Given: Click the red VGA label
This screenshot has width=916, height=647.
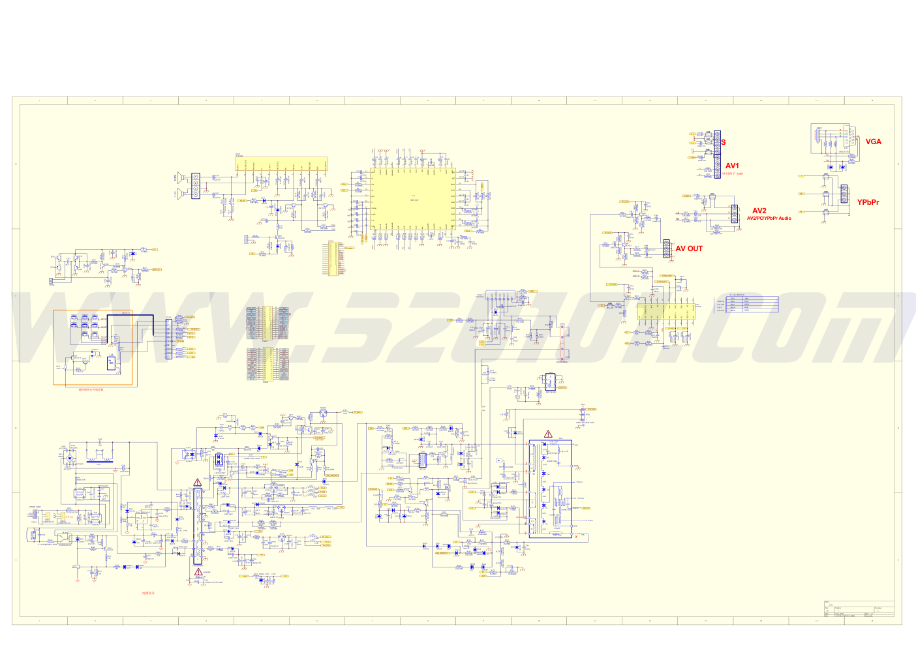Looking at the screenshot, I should click(873, 142).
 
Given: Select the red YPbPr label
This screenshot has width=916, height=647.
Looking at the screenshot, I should click(868, 202).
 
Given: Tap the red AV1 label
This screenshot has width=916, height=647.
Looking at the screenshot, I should click(732, 166).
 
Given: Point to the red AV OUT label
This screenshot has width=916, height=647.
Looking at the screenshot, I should click(689, 248).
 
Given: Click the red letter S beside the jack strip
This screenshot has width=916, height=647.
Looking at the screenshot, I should click(724, 142).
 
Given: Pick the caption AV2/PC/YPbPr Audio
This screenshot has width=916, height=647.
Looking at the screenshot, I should click(769, 218).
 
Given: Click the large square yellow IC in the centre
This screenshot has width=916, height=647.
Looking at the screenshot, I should click(412, 202).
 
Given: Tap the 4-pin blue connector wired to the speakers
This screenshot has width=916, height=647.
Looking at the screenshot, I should click(196, 186).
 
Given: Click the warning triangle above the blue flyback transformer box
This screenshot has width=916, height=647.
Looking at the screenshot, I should click(548, 434).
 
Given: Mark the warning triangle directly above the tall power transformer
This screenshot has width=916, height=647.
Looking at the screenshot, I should click(197, 483).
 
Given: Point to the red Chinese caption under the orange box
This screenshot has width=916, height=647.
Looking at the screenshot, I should click(91, 389).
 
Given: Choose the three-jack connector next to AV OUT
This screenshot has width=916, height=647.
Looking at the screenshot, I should click(666, 248).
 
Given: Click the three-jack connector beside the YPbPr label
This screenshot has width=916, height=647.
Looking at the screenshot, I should click(844, 194).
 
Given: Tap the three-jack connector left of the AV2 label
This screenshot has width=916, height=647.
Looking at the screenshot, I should click(734, 213).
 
